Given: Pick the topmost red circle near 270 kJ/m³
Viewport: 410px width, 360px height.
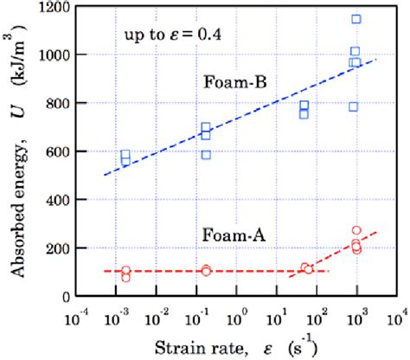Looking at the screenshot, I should coord(356,231).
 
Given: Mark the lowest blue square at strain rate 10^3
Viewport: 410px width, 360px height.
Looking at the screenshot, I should coord(353,106).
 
